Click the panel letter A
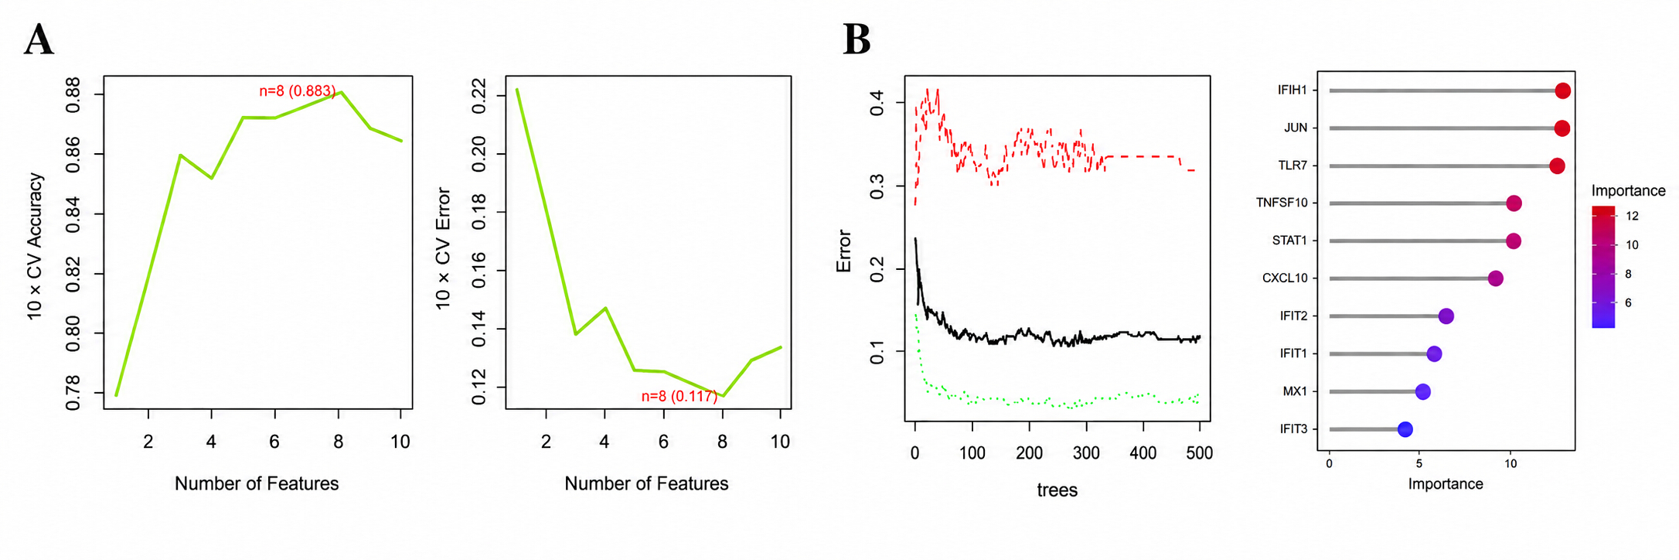pyautogui.click(x=39, y=39)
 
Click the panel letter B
pyautogui.click(x=857, y=39)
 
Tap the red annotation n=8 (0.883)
pyautogui.click(x=298, y=91)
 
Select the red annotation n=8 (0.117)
pyautogui.click(x=679, y=396)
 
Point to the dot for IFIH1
pyautogui.click(x=1562, y=91)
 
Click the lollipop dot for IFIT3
pyautogui.click(x=1405, y=429)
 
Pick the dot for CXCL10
pyautogui.click(x=1495, y=278)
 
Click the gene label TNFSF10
pyautogui.click(x=1282, y=203)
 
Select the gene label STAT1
pyautogui.click(x=1289, y=241)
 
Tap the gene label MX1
pyautogui.click(x=1295, y=391)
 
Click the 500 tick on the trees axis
pyautogui.click(x=1199, y=453)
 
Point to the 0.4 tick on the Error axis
pyautogui.click(x=877, y=102)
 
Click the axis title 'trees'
pyautogui.click(x=1057, y=490)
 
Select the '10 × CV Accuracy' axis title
pyautogui.click(x=36, y=246)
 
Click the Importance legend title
pyautogui.click(x=1628, y=191)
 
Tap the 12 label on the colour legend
pyautogui.click(x=1632, y=217)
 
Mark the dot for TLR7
pyautogui.click(x=1557, y=166)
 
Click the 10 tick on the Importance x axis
pyautogui.click(x=1510, y=464)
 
